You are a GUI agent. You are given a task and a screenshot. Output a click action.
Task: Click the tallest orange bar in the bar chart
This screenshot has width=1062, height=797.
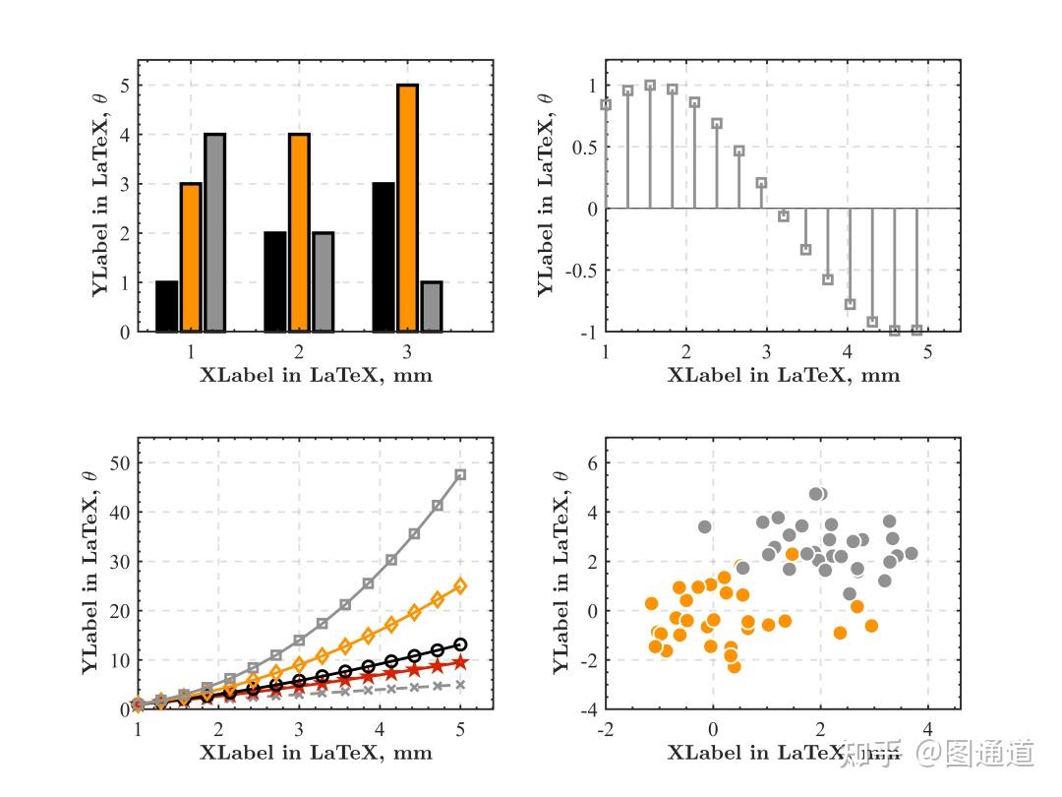(408, 209)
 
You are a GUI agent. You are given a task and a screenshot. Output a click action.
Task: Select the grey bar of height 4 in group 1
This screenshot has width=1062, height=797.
(214, 233)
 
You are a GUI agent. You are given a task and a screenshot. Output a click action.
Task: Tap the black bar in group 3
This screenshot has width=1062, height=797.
(383, 258)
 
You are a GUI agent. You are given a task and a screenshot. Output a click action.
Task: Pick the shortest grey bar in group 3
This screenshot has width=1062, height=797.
(432, 307)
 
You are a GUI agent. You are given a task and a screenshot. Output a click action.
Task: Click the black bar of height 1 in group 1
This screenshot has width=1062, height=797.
(167, 307)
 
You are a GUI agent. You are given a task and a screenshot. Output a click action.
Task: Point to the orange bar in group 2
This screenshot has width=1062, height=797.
(299, 233)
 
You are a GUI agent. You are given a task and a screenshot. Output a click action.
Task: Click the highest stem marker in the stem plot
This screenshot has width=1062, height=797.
(650, 86)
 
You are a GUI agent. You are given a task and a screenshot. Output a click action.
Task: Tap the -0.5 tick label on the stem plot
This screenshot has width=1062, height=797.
(581, 271)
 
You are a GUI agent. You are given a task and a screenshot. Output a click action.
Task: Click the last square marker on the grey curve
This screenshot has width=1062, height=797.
(460, 475)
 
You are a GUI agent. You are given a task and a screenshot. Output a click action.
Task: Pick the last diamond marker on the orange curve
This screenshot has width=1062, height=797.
(460, 585)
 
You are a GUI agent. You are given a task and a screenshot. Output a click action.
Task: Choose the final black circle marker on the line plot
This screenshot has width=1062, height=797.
(460, 644)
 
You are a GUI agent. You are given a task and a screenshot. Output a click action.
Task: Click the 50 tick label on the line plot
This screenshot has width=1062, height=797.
(117, 462)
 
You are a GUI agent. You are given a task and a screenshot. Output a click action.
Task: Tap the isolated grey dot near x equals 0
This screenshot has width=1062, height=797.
(704, 526)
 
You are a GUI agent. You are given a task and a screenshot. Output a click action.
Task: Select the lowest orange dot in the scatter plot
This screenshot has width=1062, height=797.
(734, 666)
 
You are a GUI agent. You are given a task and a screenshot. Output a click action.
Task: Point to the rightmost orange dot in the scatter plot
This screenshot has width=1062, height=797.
(871, 625)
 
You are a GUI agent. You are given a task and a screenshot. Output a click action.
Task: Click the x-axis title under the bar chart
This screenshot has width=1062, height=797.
(316, 375)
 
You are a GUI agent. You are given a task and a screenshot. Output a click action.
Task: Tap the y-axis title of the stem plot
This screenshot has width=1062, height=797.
(547, 194)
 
